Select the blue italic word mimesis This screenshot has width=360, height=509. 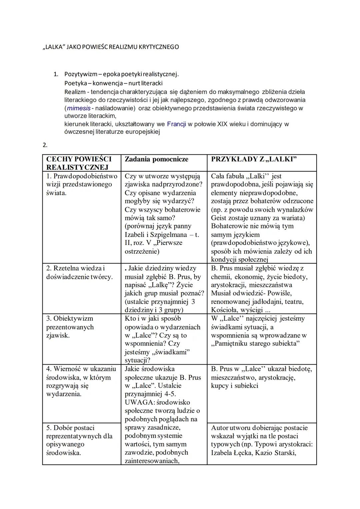tap(79, 108)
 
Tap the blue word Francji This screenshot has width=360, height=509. tap(177, 124)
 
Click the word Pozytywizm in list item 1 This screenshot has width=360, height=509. tap(78, 74)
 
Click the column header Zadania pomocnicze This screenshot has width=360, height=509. tap(156, 159)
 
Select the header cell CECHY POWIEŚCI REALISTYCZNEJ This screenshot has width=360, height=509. tap(79, 163)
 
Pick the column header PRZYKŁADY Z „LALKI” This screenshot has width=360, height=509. tap(254, 159)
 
